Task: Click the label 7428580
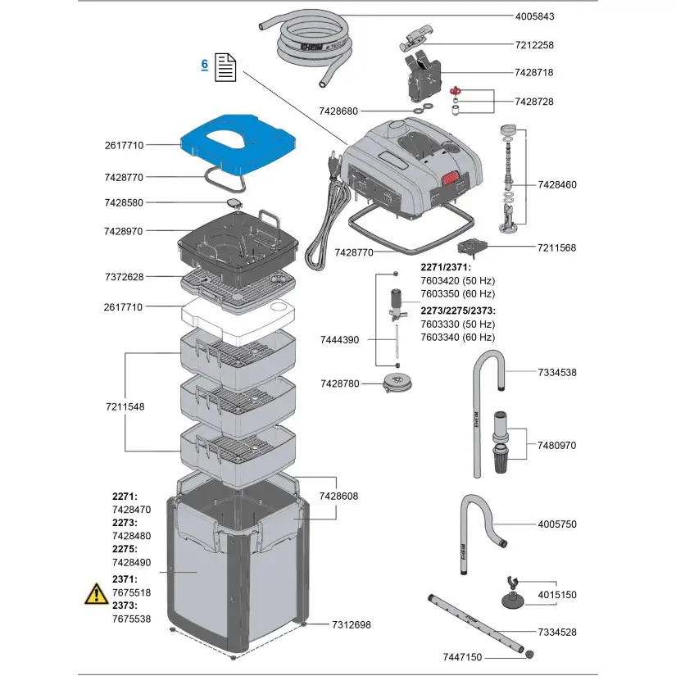(124, 202)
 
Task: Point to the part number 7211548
(124, 406)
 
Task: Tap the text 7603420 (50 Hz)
(456, 280)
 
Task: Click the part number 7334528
(556, 632)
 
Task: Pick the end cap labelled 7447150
(529, 655)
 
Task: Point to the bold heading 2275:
(125, 549)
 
